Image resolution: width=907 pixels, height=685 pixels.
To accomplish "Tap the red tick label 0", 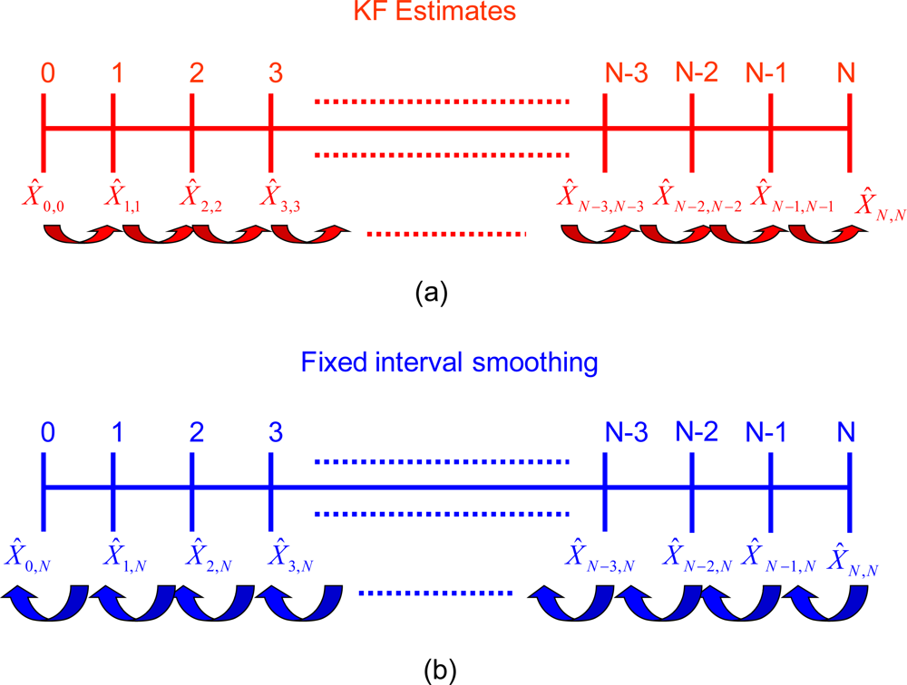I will tap(47, 73).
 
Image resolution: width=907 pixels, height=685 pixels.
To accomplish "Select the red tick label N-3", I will tap(626, 73).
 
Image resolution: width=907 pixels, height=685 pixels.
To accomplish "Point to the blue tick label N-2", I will tap(697, 432).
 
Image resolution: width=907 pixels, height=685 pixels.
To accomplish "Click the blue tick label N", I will tap(846, 433).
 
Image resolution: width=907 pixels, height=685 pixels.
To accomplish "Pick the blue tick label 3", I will tap(276, 433).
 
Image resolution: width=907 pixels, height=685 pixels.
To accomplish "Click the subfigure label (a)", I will tap(430, 293).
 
